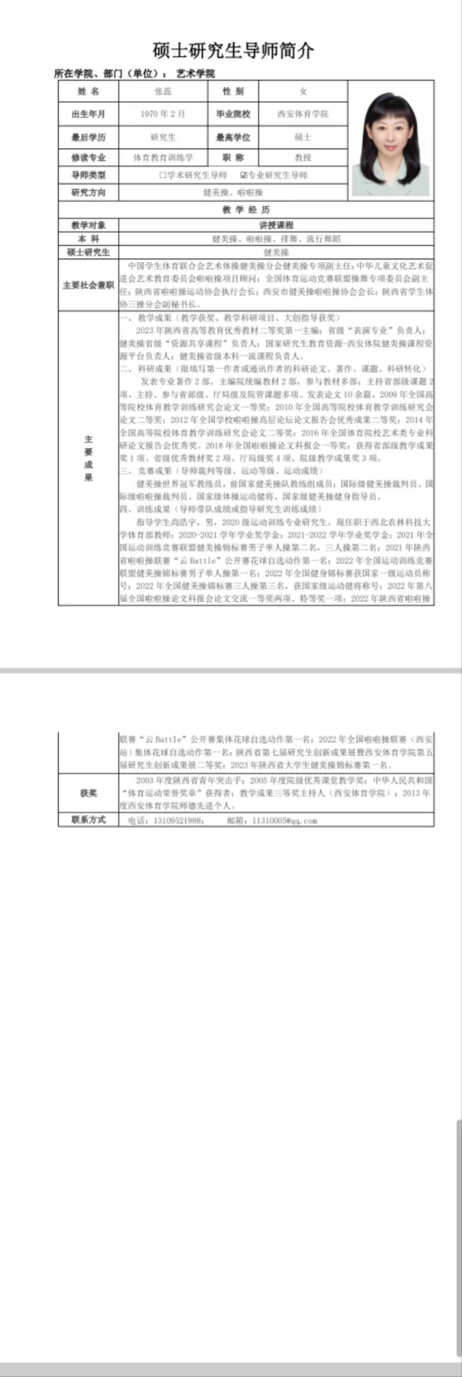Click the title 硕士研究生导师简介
point(233,51)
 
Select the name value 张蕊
point(163,92)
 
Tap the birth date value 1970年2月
point(163,114)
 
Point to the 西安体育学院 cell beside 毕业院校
point(303,114)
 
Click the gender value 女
point(303,92)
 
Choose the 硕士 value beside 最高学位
point(303,137)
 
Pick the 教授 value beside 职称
point(303,158)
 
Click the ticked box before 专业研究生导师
point(244,175)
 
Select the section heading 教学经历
point(246,209)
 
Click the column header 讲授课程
point(276,225)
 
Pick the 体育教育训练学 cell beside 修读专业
point(163,158)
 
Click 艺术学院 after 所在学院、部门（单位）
point(195,74)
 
